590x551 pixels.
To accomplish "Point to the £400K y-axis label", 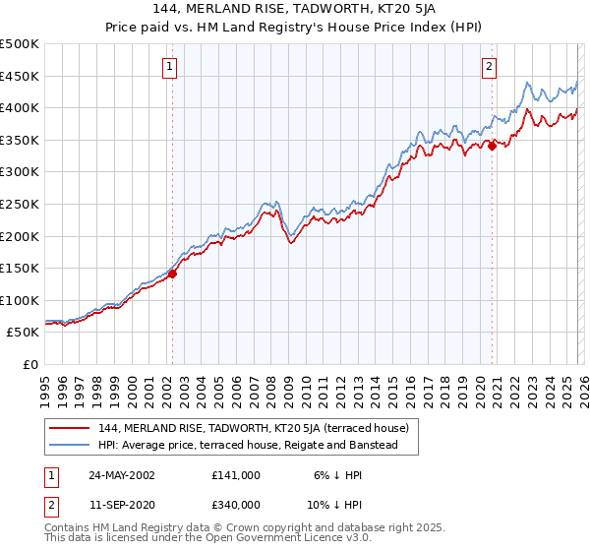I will tap(20, 108).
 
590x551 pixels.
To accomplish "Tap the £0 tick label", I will tap(29, 364).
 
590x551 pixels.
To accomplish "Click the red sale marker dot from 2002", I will tap(172, 275).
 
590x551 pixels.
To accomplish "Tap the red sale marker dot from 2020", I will tap(492, 147).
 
